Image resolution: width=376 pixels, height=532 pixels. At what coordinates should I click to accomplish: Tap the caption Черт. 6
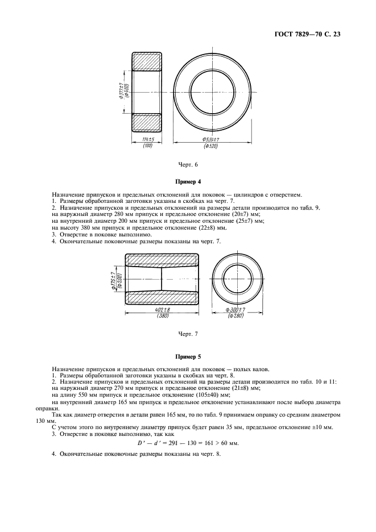(188, 165)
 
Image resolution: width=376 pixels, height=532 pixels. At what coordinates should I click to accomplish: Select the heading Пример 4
(188, 182)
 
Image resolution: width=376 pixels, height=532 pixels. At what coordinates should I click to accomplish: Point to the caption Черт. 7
(188, 334)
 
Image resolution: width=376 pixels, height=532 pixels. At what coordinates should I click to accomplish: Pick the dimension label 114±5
(147, 139)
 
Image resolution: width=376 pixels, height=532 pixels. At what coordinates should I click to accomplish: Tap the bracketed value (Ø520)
(210, 146)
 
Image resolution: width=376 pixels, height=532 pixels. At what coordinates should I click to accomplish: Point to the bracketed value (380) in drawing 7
(162, 316)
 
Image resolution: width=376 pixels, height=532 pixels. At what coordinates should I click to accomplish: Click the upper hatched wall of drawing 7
(162, 260)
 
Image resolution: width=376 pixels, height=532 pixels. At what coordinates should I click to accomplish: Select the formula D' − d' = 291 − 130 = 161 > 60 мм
(188, 443)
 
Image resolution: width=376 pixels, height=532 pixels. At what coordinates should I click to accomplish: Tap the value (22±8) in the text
(214, 228)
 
